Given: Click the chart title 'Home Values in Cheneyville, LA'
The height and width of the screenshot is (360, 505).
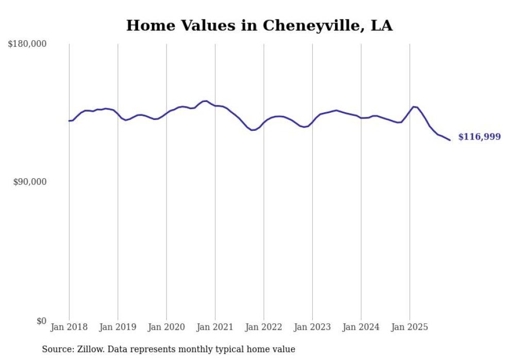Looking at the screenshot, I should (259, 26).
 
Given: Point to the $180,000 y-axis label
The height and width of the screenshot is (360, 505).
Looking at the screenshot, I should (27, 44).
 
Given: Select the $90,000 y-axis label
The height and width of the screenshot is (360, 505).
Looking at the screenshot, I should (29, 182).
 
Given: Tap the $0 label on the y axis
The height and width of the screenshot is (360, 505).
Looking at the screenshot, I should (41, 321).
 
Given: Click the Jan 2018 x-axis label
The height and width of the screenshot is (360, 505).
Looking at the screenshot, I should (69, 327).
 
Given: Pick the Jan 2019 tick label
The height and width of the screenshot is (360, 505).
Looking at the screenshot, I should (117, 327).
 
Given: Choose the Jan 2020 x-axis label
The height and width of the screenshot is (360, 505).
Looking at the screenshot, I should (166, 327).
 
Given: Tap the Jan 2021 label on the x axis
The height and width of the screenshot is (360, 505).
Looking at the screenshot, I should (215, 327).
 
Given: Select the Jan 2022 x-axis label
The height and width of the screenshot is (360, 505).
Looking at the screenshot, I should (264, 327).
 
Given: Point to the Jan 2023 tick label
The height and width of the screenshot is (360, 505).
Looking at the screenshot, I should (312, 327).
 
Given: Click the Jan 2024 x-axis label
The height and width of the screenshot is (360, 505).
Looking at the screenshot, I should (361, 327).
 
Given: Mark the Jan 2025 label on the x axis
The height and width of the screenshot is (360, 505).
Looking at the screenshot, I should (410, 327).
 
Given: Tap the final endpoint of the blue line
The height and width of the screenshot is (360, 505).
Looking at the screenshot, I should (450, 140).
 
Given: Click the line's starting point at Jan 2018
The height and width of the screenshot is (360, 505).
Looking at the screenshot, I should (69, 121).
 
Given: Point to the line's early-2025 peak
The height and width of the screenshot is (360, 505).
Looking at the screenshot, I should (413, 107).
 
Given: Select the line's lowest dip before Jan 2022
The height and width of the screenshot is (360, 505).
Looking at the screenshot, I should (252, 130).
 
